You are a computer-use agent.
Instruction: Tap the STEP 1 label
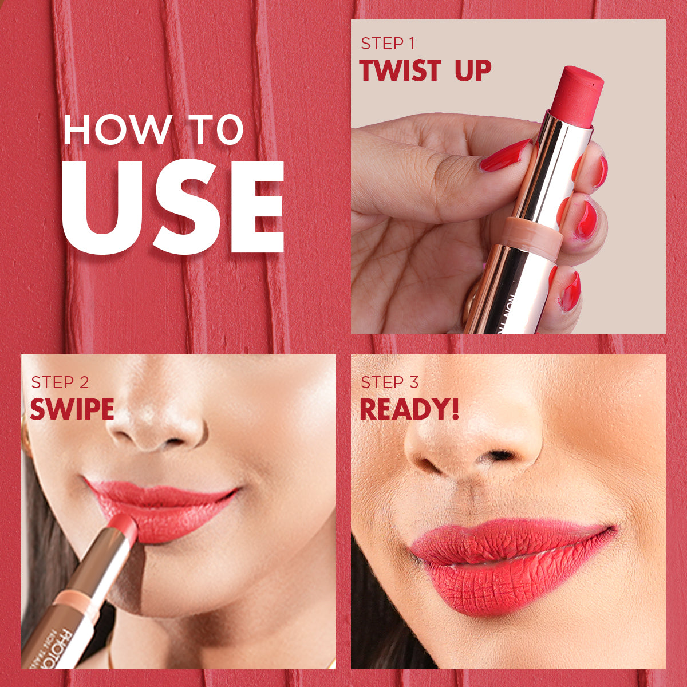[388, 44]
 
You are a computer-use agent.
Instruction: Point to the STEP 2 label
[60, 382]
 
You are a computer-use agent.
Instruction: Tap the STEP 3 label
[389, 382]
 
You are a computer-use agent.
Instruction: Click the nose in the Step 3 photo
[475, 441]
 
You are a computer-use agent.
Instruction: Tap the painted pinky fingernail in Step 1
[570, 292]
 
